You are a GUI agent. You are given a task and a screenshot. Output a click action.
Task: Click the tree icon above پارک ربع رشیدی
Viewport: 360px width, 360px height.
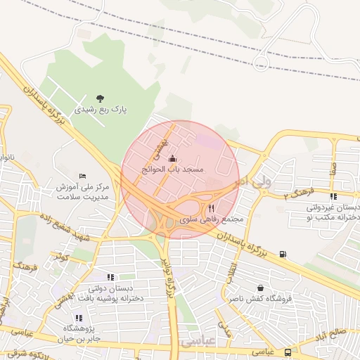100,98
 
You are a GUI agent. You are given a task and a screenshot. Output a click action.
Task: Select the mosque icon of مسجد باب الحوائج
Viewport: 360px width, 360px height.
172,159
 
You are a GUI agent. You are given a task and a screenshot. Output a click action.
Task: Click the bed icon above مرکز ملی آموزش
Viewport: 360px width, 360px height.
83,176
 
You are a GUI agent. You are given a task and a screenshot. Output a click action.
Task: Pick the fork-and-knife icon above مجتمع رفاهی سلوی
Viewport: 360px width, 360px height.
212,208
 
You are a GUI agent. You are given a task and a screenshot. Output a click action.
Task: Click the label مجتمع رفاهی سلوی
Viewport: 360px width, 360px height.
212,219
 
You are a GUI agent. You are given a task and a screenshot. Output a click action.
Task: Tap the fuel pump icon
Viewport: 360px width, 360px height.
283,254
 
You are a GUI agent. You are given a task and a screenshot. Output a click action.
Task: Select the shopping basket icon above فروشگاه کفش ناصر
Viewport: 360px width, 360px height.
261,288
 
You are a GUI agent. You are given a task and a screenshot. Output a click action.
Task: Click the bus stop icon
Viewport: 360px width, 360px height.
288,352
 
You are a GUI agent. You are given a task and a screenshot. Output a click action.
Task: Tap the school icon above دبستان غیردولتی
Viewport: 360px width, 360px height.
333,196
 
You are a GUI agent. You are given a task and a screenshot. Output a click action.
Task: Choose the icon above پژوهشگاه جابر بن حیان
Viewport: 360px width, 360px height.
79,318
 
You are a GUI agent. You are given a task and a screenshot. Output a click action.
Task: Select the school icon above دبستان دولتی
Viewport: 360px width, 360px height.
110,277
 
